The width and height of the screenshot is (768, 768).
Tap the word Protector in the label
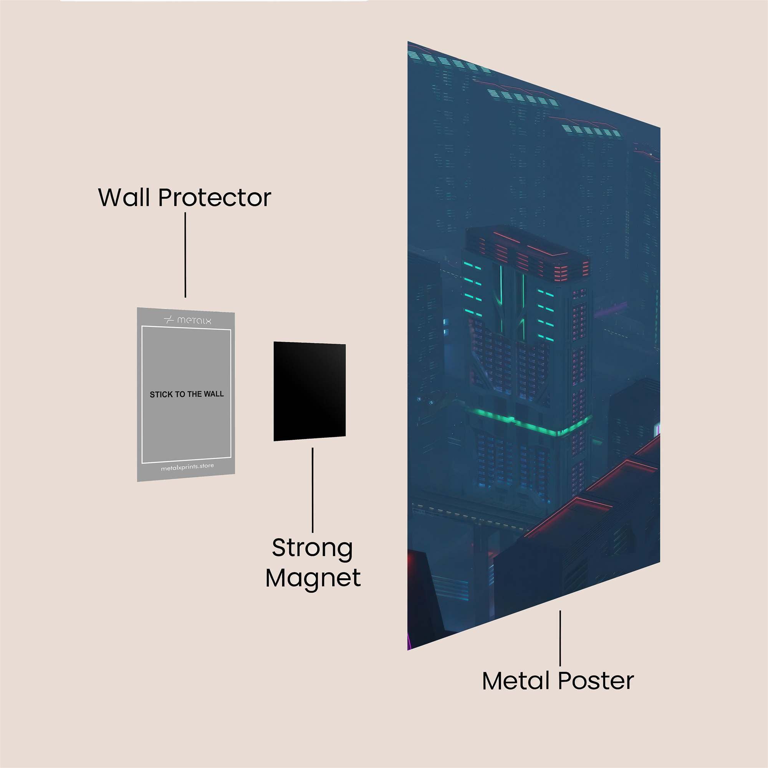215,197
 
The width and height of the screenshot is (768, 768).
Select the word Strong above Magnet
313,548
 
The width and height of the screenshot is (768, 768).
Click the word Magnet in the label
313,578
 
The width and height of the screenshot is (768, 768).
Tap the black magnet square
309,391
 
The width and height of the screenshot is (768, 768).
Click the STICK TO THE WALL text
187,394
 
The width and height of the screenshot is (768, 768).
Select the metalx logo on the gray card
188,320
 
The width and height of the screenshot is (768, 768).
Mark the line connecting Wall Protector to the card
185,255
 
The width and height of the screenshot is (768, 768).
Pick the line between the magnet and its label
313,490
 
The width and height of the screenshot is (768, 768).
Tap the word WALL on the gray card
214,394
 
